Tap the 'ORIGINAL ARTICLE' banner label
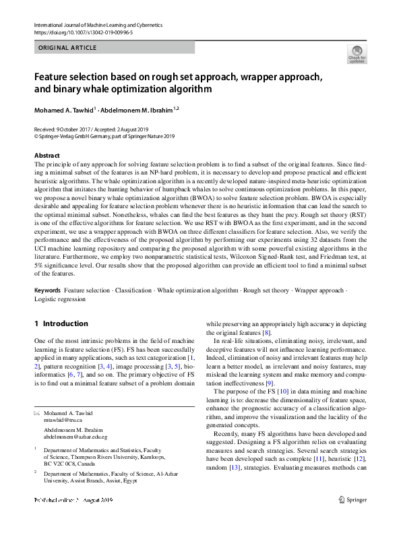click(67, 48)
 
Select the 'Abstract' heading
click(47, 156)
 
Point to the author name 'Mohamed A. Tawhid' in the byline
click(64, 109)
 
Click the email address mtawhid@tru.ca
click(63, 418)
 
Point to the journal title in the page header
click(98, 24)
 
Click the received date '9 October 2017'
click(75, 129)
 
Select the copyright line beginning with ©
click(104, 135)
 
